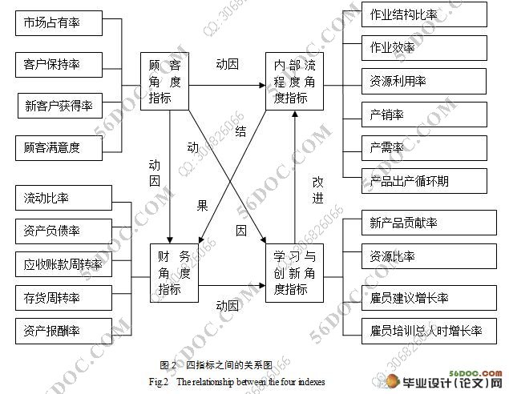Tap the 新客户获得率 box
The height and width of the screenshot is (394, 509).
coord(60,104)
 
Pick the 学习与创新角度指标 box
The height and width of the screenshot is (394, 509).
coord(296,272)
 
